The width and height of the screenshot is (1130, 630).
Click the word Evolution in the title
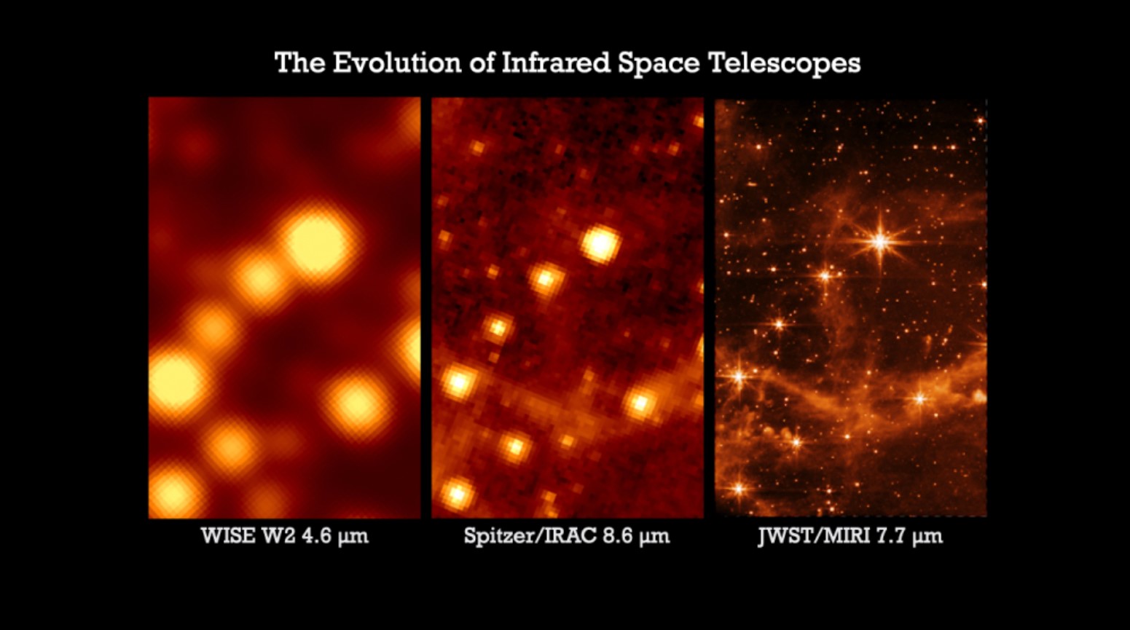click(396, 63)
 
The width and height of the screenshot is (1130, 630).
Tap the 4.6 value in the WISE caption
click(315, 536)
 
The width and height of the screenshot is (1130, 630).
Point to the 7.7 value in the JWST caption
click(897, 536)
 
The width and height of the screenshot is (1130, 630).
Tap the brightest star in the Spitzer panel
click(600, 243)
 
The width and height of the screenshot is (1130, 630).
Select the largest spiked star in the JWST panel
click(880, 240)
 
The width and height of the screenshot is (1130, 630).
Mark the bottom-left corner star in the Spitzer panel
click(457, 495)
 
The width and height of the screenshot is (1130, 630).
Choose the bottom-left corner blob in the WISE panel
click(173, 492)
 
